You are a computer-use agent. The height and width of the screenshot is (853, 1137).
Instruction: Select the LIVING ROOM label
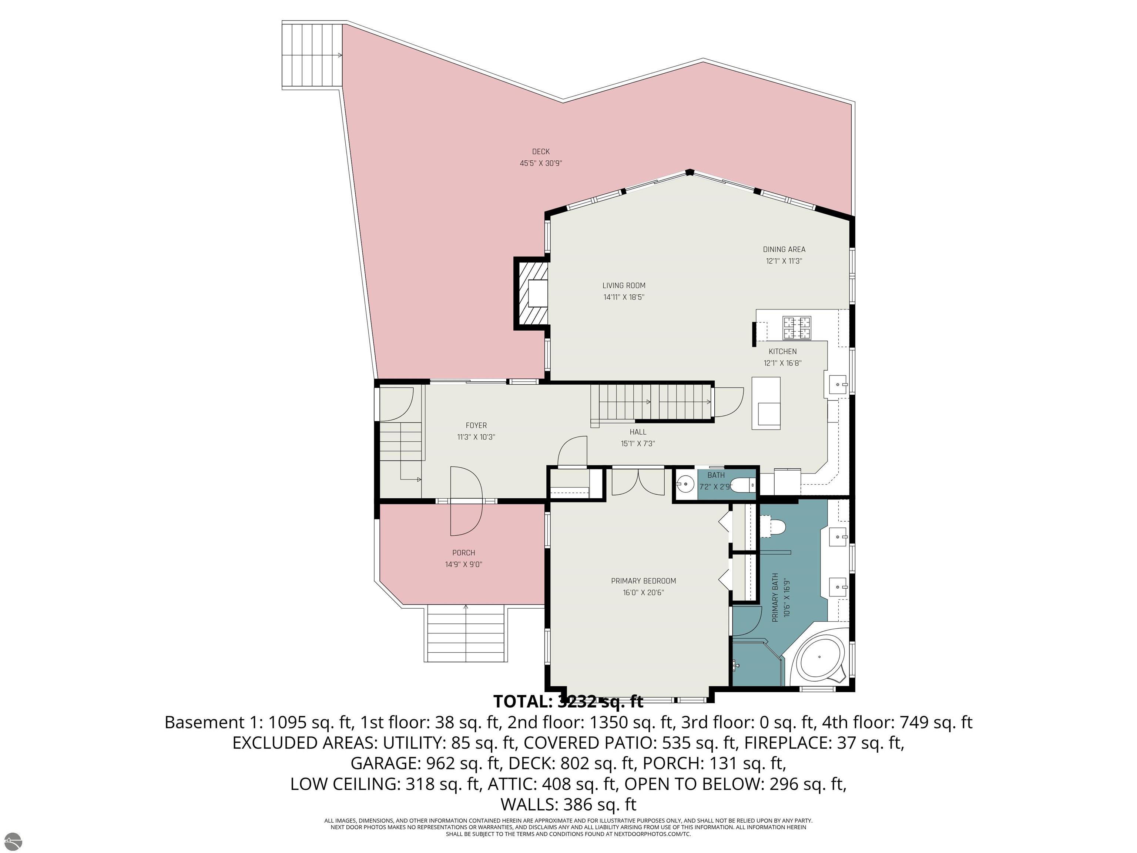(624, 285)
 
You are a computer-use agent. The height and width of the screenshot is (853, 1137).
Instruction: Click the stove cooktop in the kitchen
(797, 328)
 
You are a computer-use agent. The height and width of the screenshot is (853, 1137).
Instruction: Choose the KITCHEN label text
(782, 352)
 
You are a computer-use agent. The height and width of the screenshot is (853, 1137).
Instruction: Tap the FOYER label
(476, 426)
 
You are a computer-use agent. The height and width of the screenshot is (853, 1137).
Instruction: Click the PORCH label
(464, 553)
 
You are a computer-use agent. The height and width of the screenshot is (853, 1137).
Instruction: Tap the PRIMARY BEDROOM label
(643, 581)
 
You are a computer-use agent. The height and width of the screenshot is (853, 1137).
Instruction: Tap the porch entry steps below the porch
(466, 633)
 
